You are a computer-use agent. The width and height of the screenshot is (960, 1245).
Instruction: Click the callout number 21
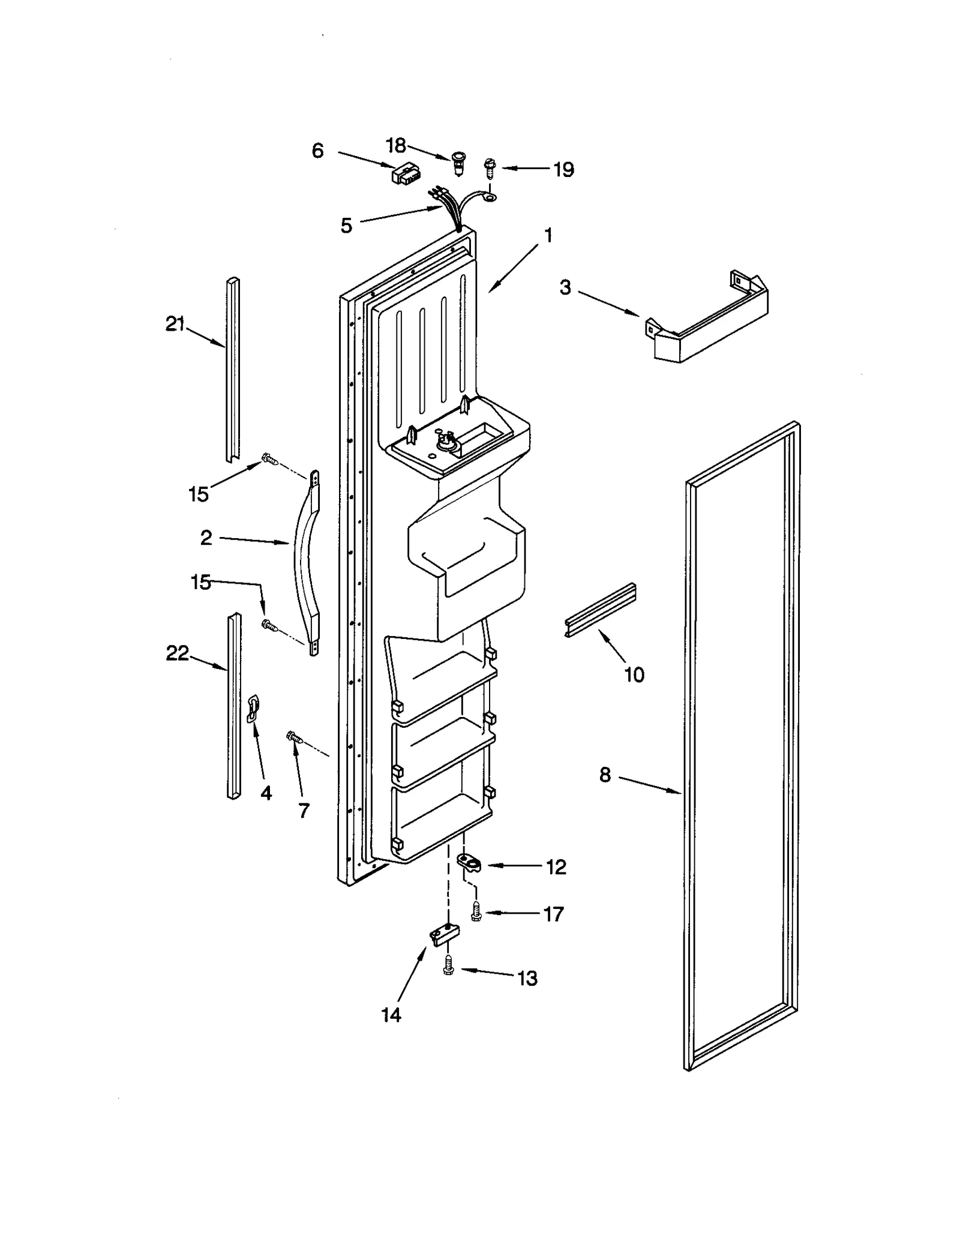pyautogui.click(x=175, y=325)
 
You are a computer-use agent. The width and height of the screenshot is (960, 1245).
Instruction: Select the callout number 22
pyautogui.click(x=177, y=653)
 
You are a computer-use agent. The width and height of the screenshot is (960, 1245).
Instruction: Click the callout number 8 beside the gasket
pyautogui.click(x=605, y=775)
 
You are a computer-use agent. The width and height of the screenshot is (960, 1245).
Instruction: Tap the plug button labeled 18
pyautogui.click(x=459, y=163)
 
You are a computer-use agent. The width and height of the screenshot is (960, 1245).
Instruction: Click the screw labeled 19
pyautogui.click(x=490, y=167)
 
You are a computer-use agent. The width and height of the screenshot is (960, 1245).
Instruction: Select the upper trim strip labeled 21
pyautogui.click(x=233, y=369)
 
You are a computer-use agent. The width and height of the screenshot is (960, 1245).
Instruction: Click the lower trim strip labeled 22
pyautogui.click(x=234, y=705)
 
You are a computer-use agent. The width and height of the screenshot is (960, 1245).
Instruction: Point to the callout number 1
pyautogui.click(x=548, y=235)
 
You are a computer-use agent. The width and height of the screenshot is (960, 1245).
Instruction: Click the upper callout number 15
pyautogui.click(x=199, y=494)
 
